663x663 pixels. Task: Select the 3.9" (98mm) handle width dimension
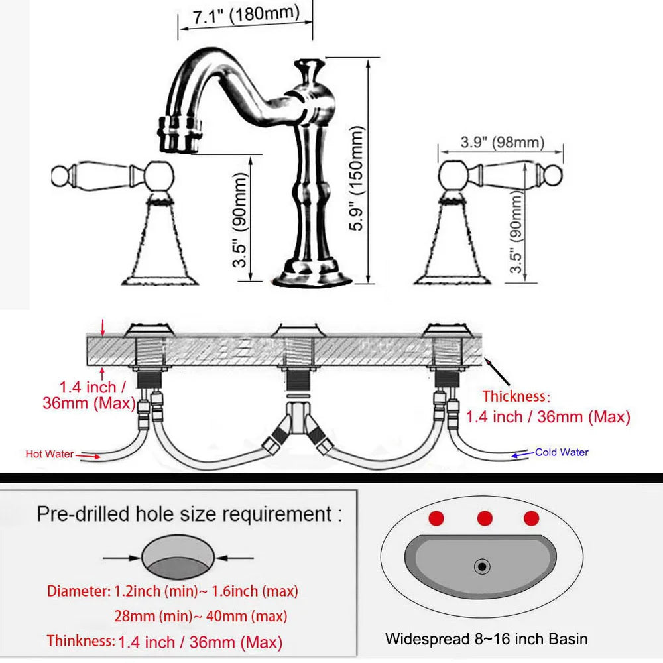502,142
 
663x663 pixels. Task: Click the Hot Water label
50,454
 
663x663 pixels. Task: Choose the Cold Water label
562,452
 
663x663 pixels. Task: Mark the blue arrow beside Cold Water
523,453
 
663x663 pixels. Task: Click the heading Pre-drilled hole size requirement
189,514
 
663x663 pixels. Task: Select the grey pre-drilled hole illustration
178,557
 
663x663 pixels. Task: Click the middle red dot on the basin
484,518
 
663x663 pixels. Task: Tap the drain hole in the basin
482,566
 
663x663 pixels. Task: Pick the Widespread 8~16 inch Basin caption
486,639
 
